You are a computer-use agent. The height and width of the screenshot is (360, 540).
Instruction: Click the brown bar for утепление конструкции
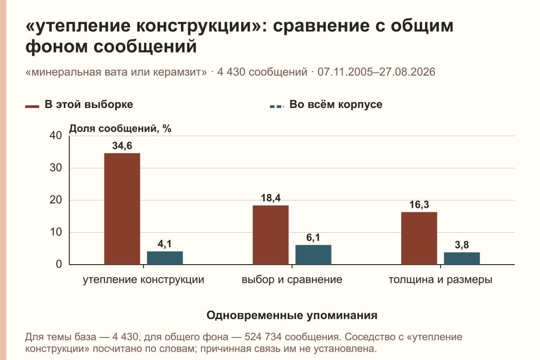pyautogui.click(x=122, y=209)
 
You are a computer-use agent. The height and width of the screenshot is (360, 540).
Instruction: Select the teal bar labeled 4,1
pyautogui.click(x=165, y=258)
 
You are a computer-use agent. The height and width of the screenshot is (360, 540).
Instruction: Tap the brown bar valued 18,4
pyautogui.click(x=270, y=235)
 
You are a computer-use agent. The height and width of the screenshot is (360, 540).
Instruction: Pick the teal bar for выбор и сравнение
pyautogui.click(x=313, y=255)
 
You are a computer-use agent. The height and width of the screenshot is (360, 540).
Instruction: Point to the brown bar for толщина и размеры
pyautogui.click(x=419, y=238)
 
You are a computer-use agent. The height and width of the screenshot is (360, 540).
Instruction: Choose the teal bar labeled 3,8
pyautogui.click(x=462, y=258)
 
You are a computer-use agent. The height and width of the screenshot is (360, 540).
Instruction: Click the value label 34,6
pyautogui.click(x=122, y=146)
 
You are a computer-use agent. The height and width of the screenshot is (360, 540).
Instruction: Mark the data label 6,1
pyautogui.click(x=313, y=238)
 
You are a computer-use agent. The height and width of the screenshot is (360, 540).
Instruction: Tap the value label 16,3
pyautogui.click(x=419, y=204)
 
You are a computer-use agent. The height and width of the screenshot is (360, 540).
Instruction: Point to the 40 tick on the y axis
pyautogui.click(x=56, y=135)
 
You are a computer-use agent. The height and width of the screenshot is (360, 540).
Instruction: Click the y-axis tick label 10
pyautogui.click(x=56, y=232)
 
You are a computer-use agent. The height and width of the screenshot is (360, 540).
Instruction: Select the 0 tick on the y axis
pyautogui.click(x=59, y=264)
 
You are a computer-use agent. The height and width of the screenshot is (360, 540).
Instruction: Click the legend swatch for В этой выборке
pyautogui.click(x=32, y=107)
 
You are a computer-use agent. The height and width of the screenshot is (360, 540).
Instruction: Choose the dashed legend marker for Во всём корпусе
pyautogui.click(x=277, y=107)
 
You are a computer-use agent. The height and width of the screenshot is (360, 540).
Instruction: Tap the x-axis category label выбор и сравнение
pyautogui.click(x=292, y=280)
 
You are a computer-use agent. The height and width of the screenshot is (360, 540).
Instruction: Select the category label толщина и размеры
pyautogui.click(x=441, y=280)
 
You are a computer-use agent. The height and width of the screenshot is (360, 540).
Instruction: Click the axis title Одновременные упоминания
pyautogui.click(x=292, y=315)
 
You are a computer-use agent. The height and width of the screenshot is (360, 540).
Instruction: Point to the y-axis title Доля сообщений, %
pyautogui.click(x=120, y=129)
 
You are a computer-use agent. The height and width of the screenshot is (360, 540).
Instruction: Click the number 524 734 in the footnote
pyautogui.click(x=263, y=337)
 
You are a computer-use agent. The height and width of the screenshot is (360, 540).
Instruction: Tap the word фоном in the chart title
pyautogui.click(x=56, y=46)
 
